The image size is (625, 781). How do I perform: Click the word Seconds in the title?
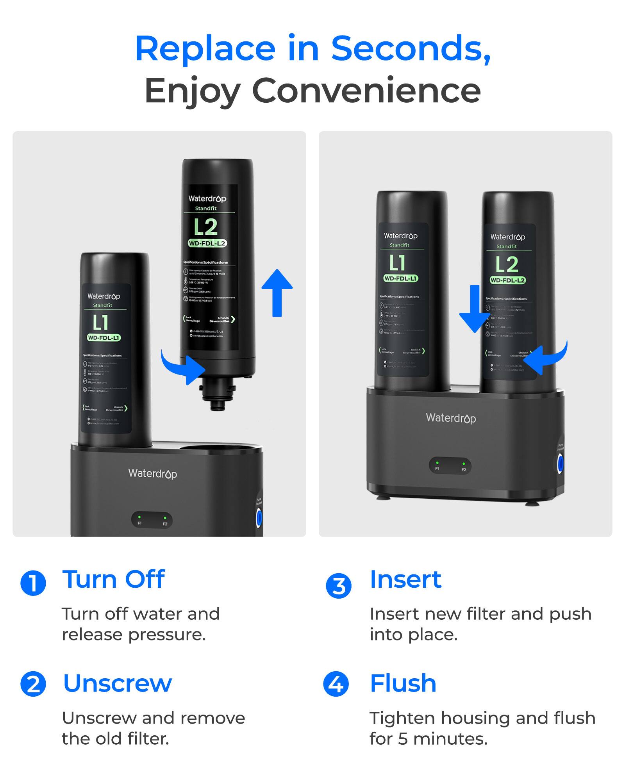(410, 49)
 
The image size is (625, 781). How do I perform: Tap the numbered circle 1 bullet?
(33, 583)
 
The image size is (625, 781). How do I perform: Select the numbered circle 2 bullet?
(33, 684)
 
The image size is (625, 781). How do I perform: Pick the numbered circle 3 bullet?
(339, 586)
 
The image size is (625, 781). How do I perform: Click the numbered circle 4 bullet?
(336, 684)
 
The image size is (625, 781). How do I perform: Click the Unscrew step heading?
(117, 683)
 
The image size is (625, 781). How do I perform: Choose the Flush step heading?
(403, 683)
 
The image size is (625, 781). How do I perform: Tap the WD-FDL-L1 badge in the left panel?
(104, 338)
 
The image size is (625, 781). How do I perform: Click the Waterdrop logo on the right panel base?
(451, 418)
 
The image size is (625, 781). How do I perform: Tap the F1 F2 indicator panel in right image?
(450, 466)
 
